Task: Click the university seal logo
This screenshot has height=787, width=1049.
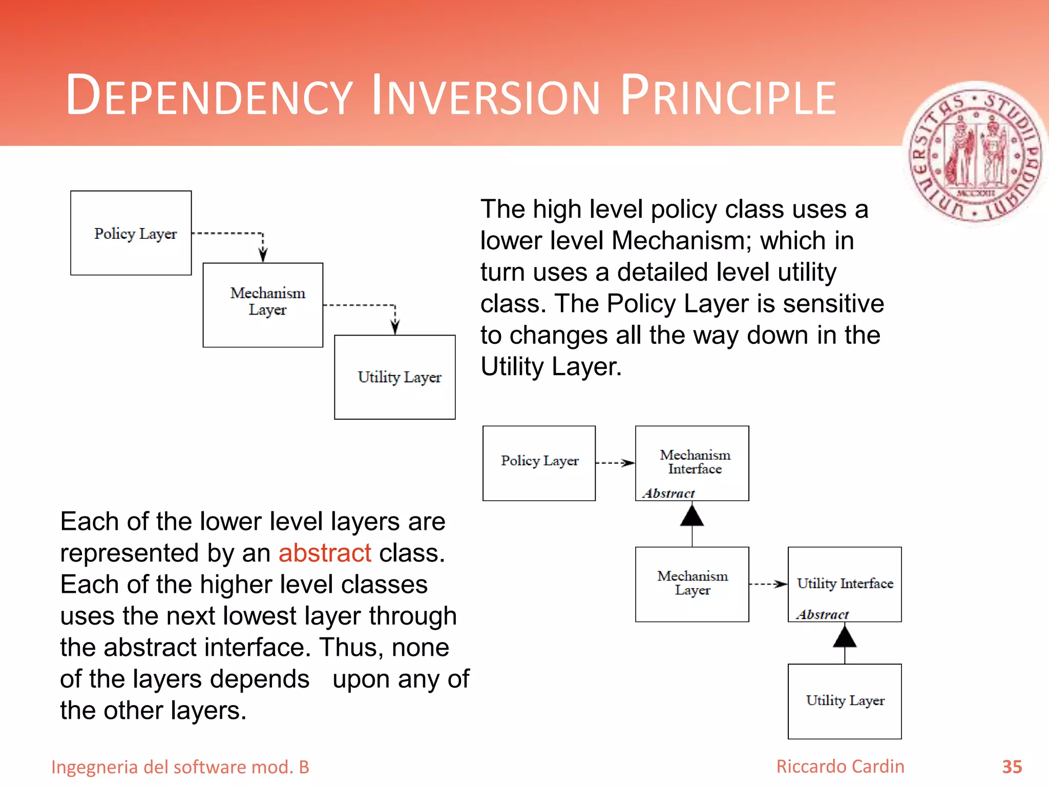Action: [x=976, y=154]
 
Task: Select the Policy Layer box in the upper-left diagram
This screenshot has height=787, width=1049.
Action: [x=131, y=233]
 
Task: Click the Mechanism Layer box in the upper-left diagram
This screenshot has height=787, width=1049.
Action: [x=263, y=305]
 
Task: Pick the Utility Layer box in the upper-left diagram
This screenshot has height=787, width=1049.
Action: [x=394, y=377]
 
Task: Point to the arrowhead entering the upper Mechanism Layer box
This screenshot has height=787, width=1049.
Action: [x=263, y=255]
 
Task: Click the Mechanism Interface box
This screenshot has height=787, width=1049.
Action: [x=692, y=463]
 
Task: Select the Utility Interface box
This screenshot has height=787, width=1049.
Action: [x=845, y=584]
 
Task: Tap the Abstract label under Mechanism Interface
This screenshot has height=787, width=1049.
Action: [x=668, y=493]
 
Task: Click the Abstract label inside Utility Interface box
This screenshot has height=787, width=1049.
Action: [x=823, y=614]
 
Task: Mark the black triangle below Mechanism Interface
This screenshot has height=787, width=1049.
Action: [x=692, y=516]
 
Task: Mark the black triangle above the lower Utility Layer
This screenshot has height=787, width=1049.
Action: [x=845, y=637]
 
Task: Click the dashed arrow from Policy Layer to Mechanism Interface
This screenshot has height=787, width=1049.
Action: [x=615, y=463]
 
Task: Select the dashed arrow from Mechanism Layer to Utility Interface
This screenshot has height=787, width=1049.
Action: [x=768, y=584]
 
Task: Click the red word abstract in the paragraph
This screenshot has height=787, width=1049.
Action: [x=325, y=553]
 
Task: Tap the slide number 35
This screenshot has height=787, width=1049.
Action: [x=1012, y=767]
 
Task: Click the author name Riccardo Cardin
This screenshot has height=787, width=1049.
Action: [x=840, y=767]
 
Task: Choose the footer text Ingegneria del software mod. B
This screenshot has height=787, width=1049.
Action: [x=180, y=767]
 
